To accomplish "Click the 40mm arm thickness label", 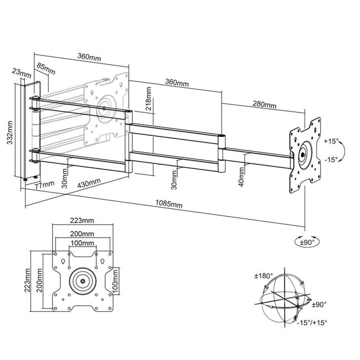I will pos(240,181).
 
